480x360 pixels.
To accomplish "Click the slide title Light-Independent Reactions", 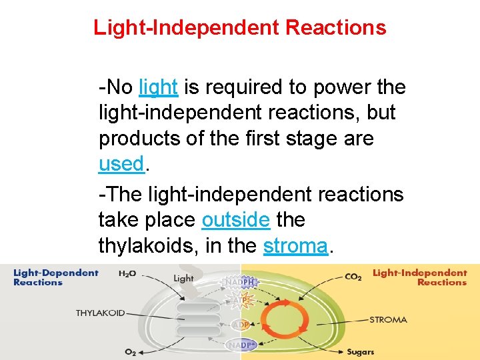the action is [239, 28].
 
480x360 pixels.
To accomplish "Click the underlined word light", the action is [158, 87].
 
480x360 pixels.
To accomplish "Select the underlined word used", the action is [121, 164].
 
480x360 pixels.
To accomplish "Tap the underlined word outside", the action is [235, 220].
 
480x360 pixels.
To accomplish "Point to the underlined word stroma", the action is [295, 246].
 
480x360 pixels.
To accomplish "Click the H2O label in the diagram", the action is [128, 273].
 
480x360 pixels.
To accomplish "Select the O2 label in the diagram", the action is [131, 351].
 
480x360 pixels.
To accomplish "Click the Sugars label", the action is [360, 351].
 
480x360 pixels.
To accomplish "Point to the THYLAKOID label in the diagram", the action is [100, 313].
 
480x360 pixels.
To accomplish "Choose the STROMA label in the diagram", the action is [388, 320].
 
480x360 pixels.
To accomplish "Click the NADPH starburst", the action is [241, 282].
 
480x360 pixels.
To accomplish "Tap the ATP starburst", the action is [241, 301].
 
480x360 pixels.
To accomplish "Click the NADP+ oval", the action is [241, 345].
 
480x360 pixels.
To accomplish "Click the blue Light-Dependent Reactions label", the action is [55, 277].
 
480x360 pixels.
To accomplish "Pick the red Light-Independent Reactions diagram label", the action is [419, 277].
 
